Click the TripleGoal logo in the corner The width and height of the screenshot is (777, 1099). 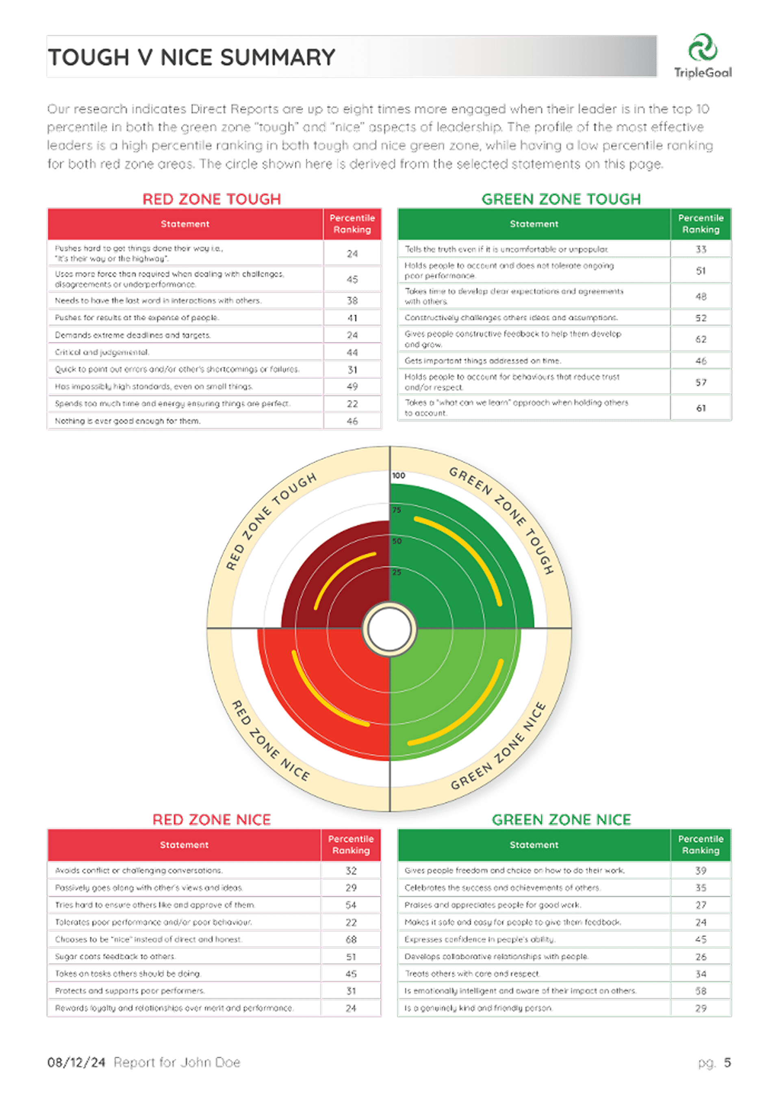[x=702, y=55]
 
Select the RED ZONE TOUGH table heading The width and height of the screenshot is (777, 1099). [x=212, y=199]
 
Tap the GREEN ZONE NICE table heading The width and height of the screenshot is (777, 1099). [x=562, y=820]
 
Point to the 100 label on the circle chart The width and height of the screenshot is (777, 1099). [x=398, y=475]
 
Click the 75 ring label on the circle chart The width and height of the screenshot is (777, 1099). [x=397, y=510]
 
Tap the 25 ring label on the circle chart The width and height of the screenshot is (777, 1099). [x=397, y=572]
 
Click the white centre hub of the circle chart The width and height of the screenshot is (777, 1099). [x=389, y=629]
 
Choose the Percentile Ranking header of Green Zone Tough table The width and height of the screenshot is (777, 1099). [x=701, y=224]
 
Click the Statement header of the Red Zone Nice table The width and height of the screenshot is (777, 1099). [x=184, y=845]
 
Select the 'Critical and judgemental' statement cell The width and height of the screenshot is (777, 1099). [x=102, y=352]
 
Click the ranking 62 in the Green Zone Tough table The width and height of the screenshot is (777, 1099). [x=701, y=339]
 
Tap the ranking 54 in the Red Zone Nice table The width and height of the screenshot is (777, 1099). [x=351, y=905]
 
